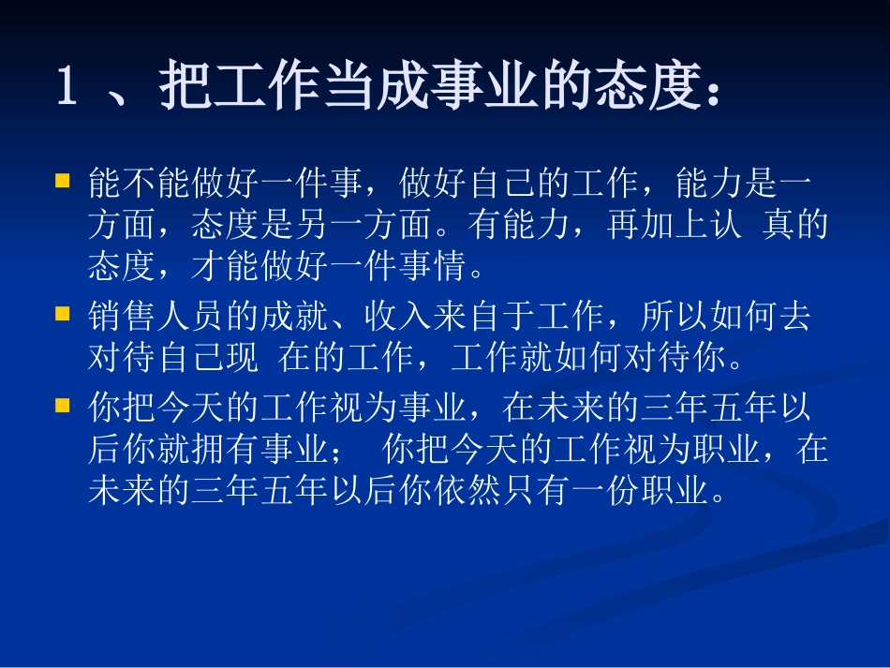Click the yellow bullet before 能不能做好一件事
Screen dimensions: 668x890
click(x=63, y=177)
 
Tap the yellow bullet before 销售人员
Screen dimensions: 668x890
click(x=63, y=312)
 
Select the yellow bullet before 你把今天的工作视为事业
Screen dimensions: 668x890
click(x=63, y=404)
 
